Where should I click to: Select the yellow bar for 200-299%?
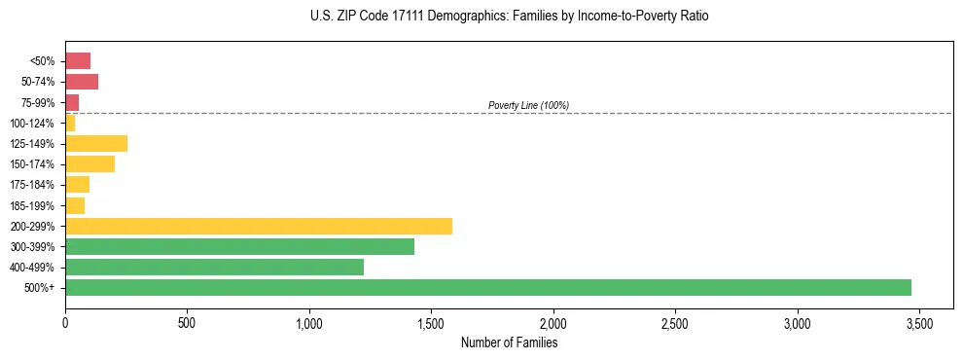(x=259, y=226)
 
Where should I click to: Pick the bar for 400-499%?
(x=214, y=267)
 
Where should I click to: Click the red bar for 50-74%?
(x=82, y=82)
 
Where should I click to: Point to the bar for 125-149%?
(x=96, y=143)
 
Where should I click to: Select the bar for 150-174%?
(x=89, y=163)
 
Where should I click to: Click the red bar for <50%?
(x=78, y=61)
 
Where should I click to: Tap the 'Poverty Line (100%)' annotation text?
(x=528, y=105)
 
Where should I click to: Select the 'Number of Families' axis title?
(x=509, y=342)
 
